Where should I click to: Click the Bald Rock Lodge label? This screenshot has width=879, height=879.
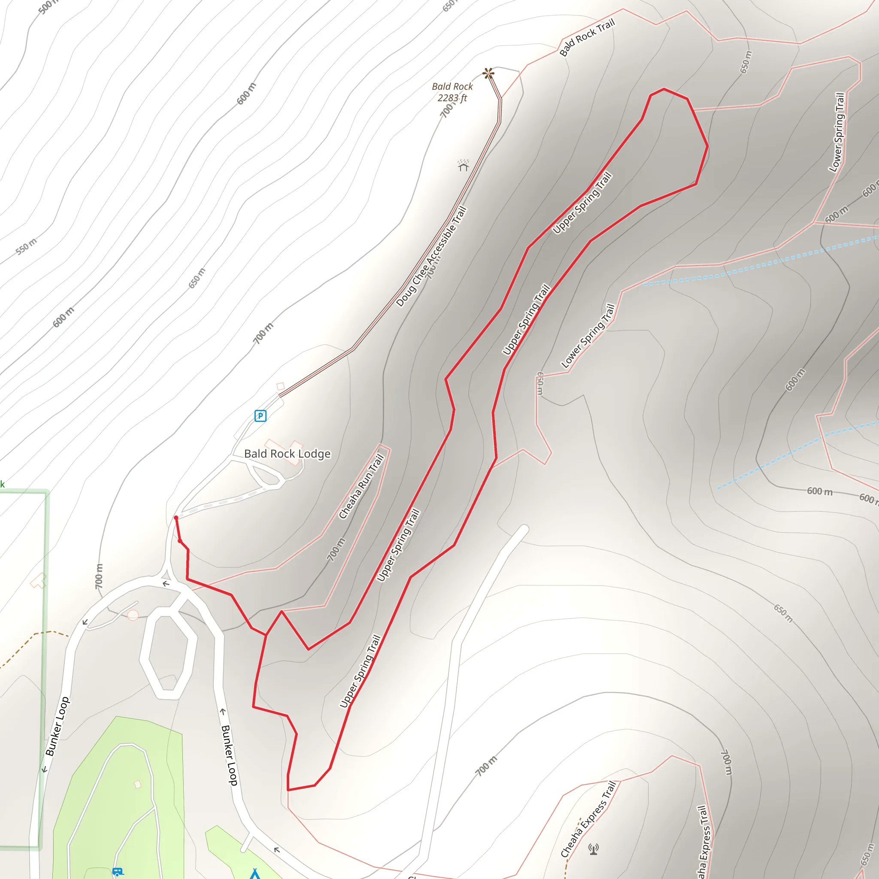tap(287, 454)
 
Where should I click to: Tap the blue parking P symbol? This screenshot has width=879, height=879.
tap(260, 415)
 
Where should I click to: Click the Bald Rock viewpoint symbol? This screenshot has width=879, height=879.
tap(488, 73)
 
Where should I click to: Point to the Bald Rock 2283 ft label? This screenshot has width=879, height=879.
tap(452, 92)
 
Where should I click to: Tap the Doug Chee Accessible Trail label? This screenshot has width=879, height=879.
tap(431, 257)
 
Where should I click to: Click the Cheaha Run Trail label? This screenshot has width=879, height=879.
tap(362, 487)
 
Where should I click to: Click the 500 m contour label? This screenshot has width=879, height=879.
tap(48, 6)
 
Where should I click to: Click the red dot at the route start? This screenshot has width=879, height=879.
tap(176, 518)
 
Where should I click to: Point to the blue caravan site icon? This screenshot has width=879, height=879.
tap(117, 872)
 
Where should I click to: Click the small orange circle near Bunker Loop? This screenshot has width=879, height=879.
tap(133, 615)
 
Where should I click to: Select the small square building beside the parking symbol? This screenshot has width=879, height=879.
tap(281, 386)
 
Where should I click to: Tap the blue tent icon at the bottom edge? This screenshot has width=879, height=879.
tap(255, 873)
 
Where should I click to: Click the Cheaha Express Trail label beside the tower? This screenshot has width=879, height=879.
tap(589, 819)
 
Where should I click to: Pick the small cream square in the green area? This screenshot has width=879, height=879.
tap(137, 785)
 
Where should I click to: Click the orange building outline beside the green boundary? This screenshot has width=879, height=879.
tap(38, 581)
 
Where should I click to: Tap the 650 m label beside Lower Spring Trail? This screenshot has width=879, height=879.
tap(540, 383)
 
